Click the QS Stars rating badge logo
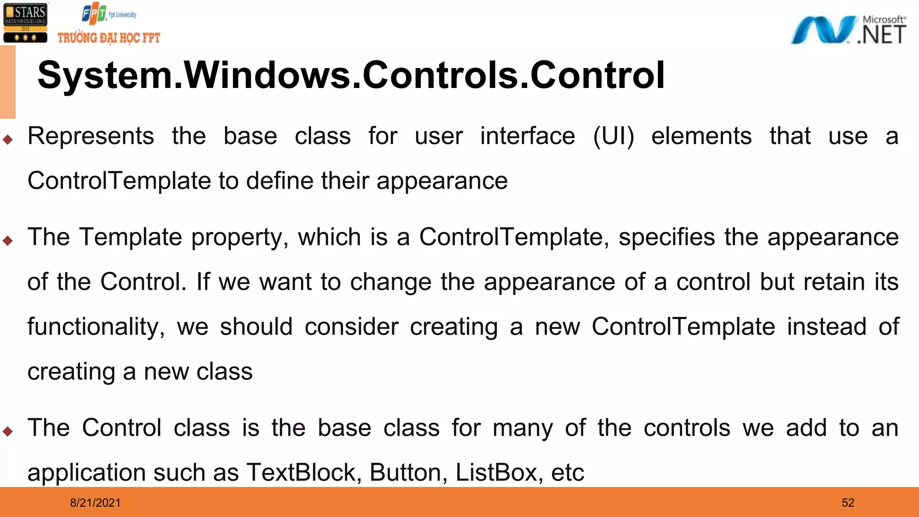point(25,22)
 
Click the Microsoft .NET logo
point(848,31)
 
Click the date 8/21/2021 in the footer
point(95,503)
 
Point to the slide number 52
point(848,503)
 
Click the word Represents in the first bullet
point(91,136)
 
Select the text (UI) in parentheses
point(613,136)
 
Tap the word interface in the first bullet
point(527,136)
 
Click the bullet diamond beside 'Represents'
point(7,140)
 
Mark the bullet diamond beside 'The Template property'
point(7,241)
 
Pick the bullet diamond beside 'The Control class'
point(7,431)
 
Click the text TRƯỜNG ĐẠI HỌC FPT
point(109,38)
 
